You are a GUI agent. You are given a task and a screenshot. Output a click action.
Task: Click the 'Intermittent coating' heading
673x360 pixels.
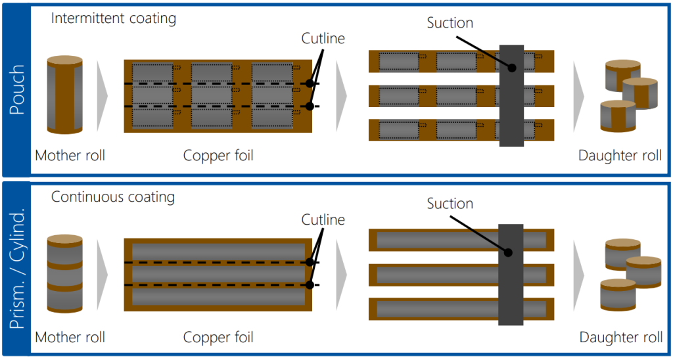114,18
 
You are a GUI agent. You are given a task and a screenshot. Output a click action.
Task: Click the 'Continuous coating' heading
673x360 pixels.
112,196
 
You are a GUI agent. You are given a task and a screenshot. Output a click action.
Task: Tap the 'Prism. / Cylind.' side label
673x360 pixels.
17,269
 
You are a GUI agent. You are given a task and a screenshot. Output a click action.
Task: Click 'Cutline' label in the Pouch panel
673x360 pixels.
323,39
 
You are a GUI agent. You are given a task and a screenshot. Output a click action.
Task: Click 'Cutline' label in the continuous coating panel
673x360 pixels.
323,219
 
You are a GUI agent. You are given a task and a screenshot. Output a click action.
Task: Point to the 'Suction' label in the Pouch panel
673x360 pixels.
450,23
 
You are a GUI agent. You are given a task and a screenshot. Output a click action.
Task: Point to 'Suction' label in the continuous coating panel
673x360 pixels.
450,204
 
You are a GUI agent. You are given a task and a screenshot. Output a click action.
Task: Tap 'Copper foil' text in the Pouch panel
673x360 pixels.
218,156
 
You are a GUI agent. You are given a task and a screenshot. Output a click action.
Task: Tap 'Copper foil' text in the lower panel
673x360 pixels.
218,338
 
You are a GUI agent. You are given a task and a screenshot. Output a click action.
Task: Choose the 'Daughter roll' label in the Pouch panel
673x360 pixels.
620,156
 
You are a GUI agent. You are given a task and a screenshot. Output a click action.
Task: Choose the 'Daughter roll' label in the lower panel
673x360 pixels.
620,338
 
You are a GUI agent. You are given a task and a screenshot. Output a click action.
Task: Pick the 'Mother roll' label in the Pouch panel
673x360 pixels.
70,156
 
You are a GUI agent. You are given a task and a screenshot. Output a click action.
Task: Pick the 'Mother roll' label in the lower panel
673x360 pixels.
70,338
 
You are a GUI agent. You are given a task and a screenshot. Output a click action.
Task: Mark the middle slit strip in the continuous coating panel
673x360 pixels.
434,275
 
